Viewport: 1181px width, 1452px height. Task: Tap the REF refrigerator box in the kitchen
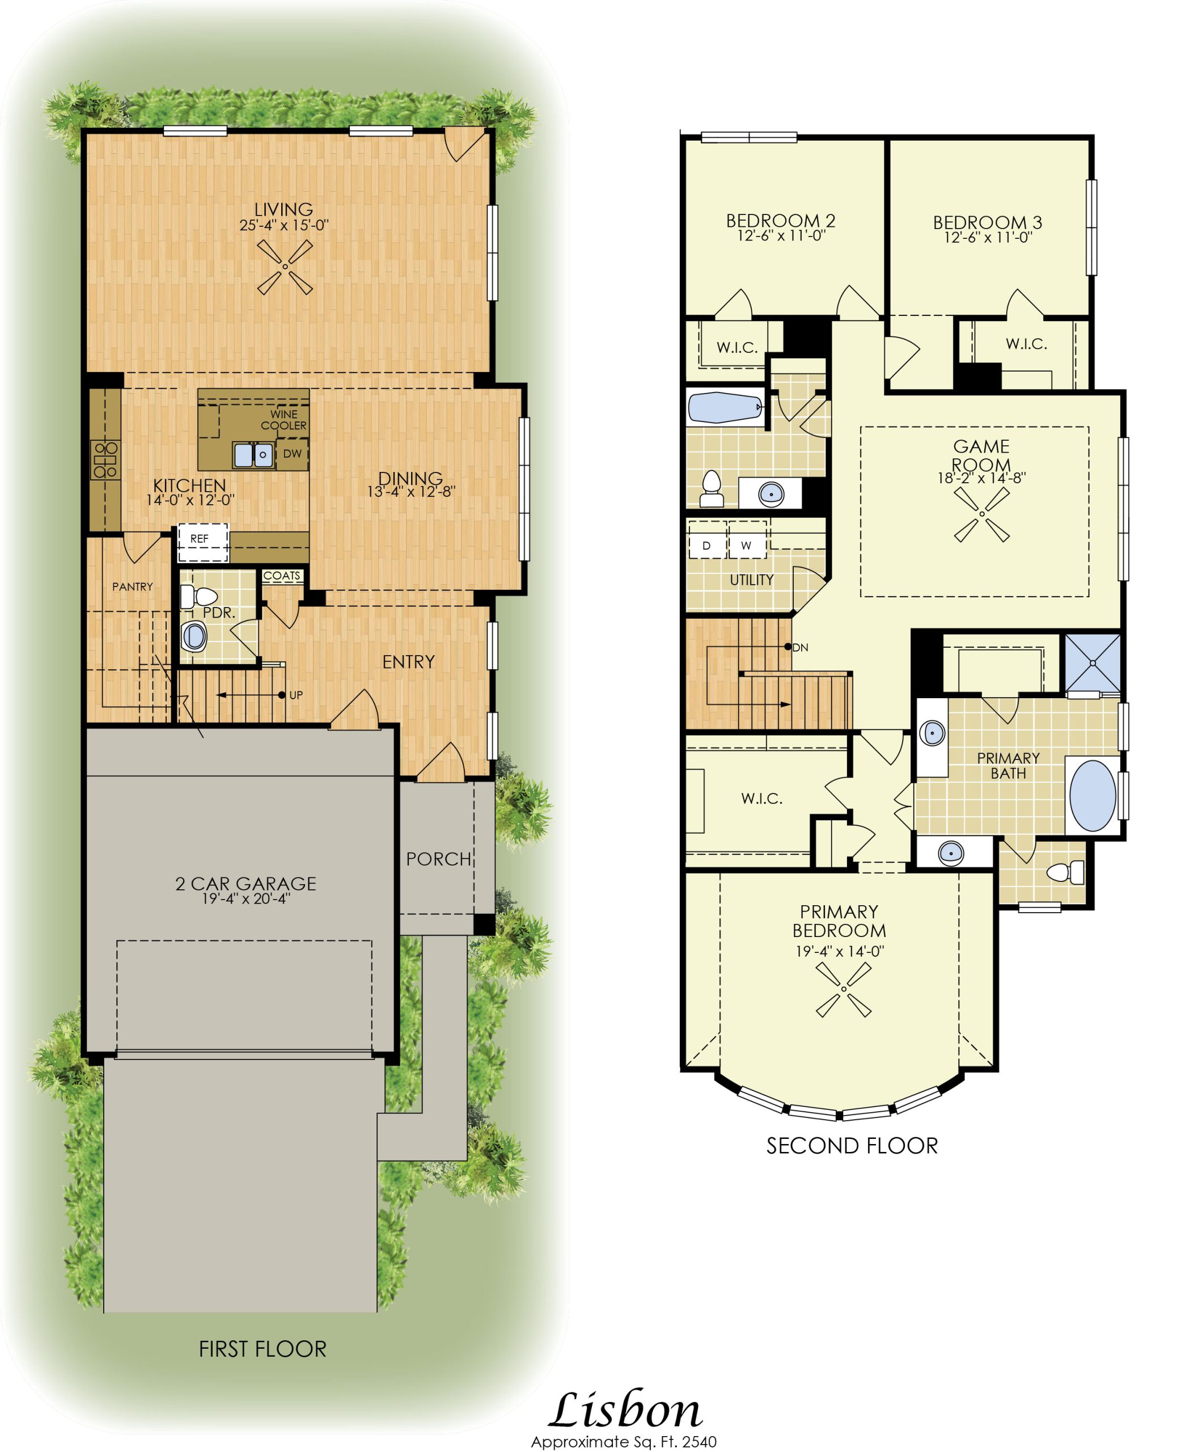coord(203,543)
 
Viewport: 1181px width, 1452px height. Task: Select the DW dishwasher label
coord(293,454)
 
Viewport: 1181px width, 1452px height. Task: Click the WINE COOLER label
coord(283,420)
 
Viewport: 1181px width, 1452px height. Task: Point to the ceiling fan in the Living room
coord(285,267)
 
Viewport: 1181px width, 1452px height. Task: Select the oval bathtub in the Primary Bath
coord(1093,795)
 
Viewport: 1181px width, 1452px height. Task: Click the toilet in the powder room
coord(197,597)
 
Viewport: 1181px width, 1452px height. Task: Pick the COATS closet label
coord(282,576)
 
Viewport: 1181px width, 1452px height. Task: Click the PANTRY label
coord(132,586)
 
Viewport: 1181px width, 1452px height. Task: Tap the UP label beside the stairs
coord(296,695)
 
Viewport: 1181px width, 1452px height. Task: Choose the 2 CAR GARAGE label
coord(245,883)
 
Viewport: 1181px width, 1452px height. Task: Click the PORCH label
coord(439,859)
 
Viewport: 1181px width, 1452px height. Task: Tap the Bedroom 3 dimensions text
coord(988,238)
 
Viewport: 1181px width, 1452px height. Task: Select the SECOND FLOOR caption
coord(852,1146)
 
